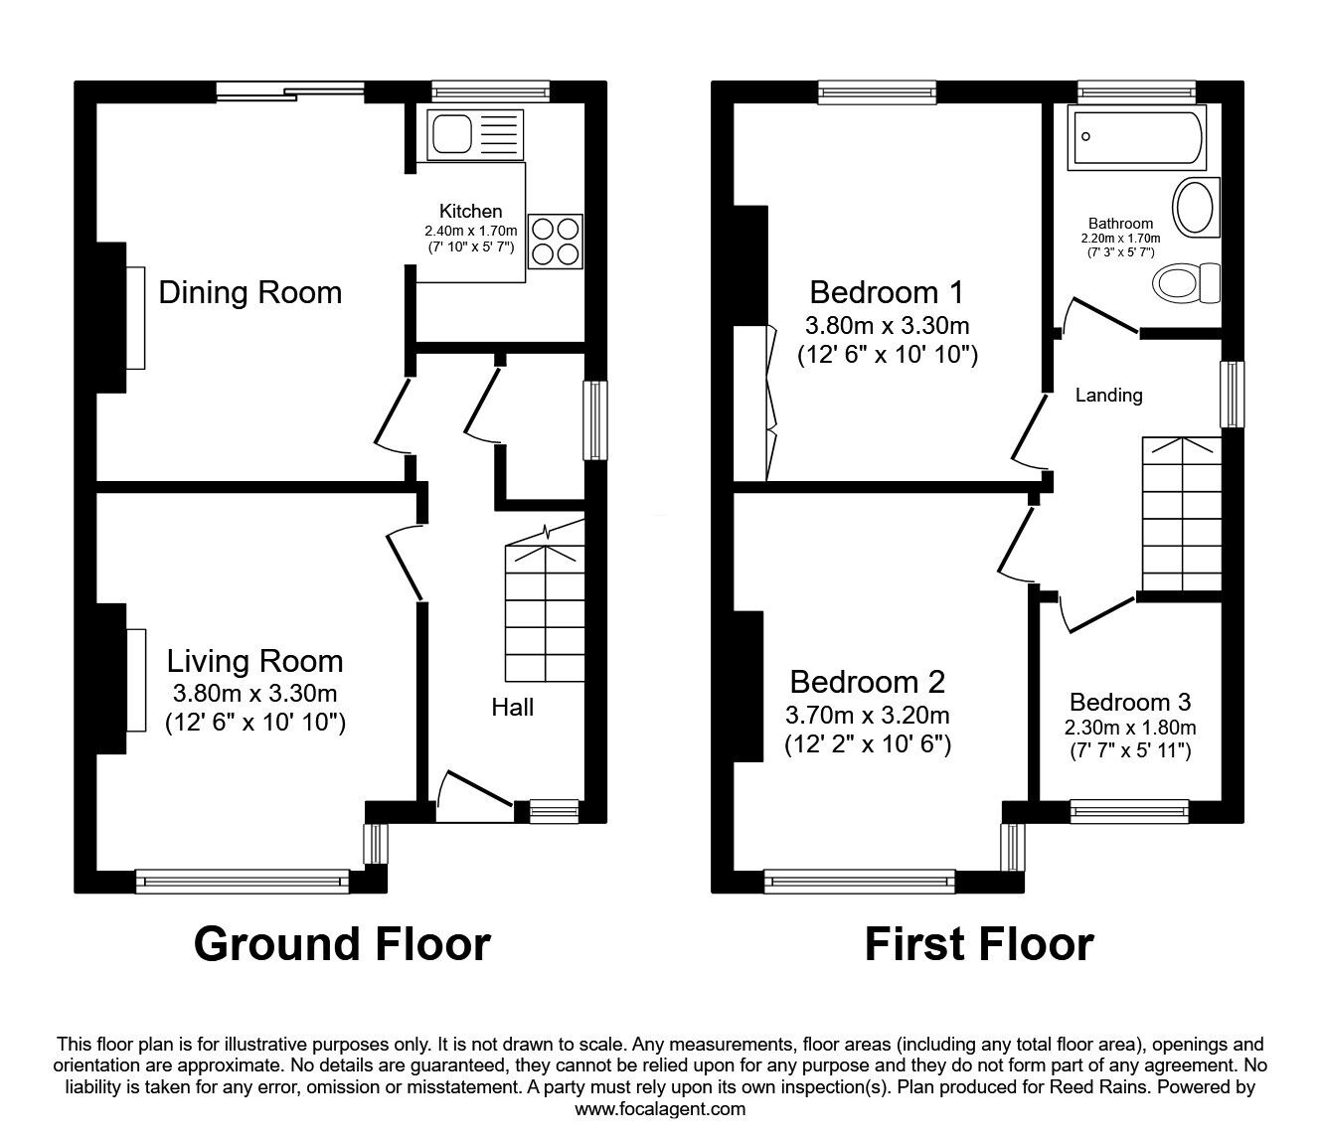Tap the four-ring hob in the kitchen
tap(556, 241)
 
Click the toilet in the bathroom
tap(1188, 282)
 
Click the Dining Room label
tap(250, 292)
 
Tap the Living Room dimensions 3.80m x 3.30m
tap(254, 693)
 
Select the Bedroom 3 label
tap(1130, 702)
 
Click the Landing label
tap(1108, 396)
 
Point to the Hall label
tap(512, 708)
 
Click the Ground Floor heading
tap(342, 943)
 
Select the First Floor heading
tap(979, 943)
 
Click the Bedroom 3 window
tap(1129, 812)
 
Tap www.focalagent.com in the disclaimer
tap(660, 1109)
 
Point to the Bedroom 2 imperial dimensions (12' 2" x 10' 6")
tap(868, 743)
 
